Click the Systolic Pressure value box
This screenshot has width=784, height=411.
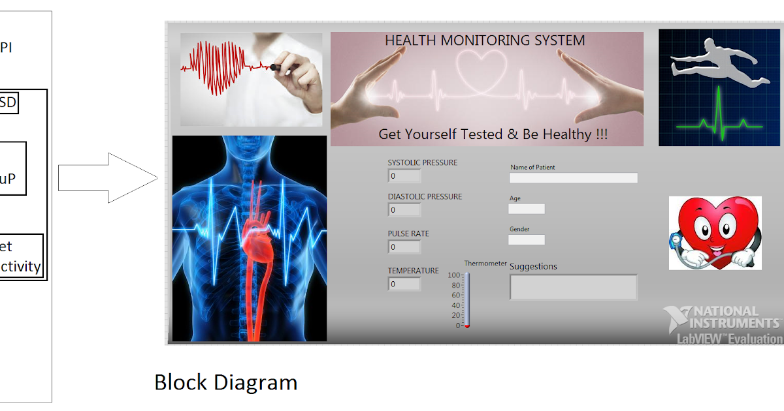(x=404, y=175)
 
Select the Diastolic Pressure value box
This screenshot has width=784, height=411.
(x=404, y=209)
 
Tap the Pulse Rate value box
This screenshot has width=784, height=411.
(x=404, y=247)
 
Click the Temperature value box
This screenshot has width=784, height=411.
(x=404, y=284)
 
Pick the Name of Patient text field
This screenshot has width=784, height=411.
(x=573, y=177)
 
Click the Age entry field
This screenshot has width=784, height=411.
(x=526, y=209)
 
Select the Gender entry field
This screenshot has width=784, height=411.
(x=526, y=239)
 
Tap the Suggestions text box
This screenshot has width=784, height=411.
(x=573, y=287)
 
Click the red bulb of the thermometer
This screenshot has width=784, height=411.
(x=467, y=326)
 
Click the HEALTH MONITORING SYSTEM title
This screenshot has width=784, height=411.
(x=485, y=40)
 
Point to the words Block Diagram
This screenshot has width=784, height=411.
(x=225, y=382)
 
